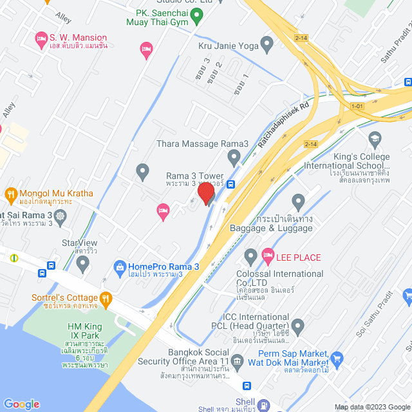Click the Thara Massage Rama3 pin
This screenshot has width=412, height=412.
coord(234,156)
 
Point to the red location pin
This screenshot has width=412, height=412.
coord(205,193)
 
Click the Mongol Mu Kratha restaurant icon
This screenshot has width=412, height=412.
coord(10,194)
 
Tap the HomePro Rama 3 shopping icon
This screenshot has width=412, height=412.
coord(119,267)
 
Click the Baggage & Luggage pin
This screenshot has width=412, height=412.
coord(297,201)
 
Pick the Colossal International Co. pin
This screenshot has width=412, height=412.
coord(251,258)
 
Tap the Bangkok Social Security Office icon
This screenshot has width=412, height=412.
coord(237,361)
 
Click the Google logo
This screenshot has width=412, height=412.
coord(21,404)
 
